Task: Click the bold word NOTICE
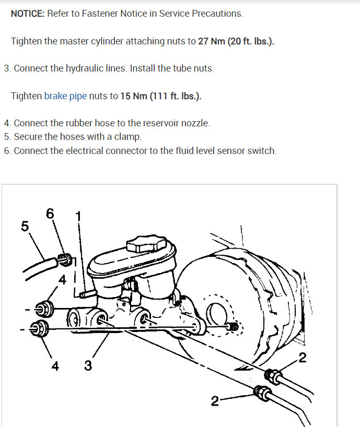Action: point(28,14)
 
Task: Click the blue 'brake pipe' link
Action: point(65,96)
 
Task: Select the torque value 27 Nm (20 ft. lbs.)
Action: point(236,41)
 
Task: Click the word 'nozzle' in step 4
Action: point(194,123)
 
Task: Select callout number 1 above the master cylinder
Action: point(78,216)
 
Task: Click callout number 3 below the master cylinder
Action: point(88,366)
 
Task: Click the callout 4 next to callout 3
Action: point(55,366)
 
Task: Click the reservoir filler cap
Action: point(146,244)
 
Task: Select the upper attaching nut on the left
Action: point(44,309)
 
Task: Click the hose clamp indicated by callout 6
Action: point(65,259)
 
